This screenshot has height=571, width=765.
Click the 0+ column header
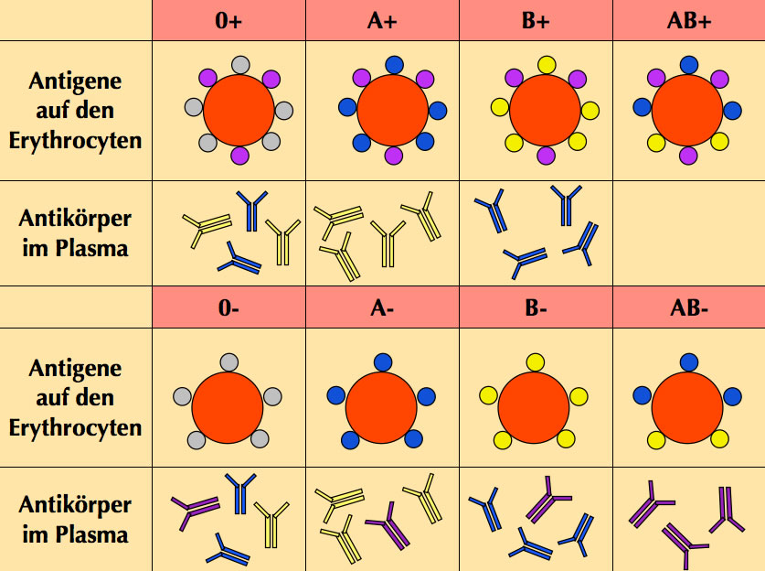pos(228,20)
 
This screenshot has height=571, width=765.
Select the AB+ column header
pos(688,20)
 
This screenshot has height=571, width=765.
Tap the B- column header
pos(536,307)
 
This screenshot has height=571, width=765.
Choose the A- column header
pos(382,307)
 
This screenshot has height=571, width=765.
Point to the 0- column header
pos(228,307)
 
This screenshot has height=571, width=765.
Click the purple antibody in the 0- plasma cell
pos(193,509)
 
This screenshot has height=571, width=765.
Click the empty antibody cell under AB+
pos(688,232)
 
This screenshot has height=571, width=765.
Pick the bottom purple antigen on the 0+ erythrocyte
pos(239,156)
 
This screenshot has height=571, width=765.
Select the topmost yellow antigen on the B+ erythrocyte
pos(547,64)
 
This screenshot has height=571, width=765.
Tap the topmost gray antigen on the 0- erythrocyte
pos(229,361)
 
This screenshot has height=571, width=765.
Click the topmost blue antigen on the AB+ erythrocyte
pos(688,64)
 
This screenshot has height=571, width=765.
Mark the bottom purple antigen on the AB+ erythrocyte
pos(688,156)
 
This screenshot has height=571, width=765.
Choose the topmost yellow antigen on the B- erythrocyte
pos(536,361)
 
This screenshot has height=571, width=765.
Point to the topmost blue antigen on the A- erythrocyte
pos(382,361)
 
